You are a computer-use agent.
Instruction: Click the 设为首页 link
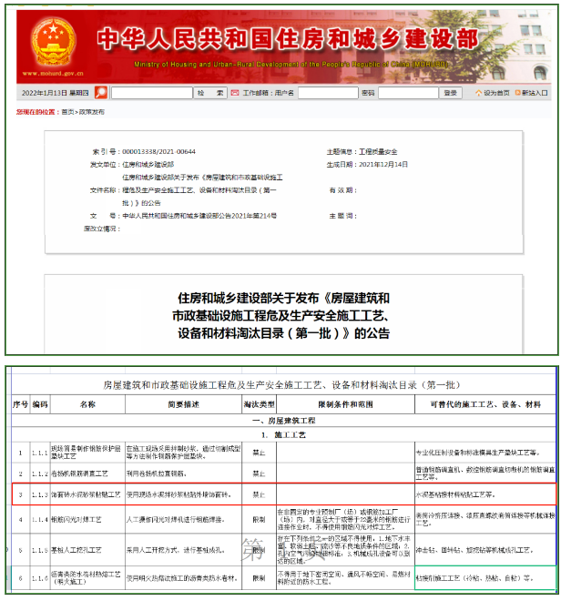click(494, 93)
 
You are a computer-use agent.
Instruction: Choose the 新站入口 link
click(535, 93)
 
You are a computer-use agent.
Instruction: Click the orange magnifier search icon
click(101, 93)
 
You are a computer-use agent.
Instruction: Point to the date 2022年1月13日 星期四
click(56, 93)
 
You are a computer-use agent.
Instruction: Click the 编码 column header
click(40, 402)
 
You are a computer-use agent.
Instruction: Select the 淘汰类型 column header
click(259, 402)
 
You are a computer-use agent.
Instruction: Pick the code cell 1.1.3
click(40, 494)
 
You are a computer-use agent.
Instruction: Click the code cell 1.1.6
click(40, 578)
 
